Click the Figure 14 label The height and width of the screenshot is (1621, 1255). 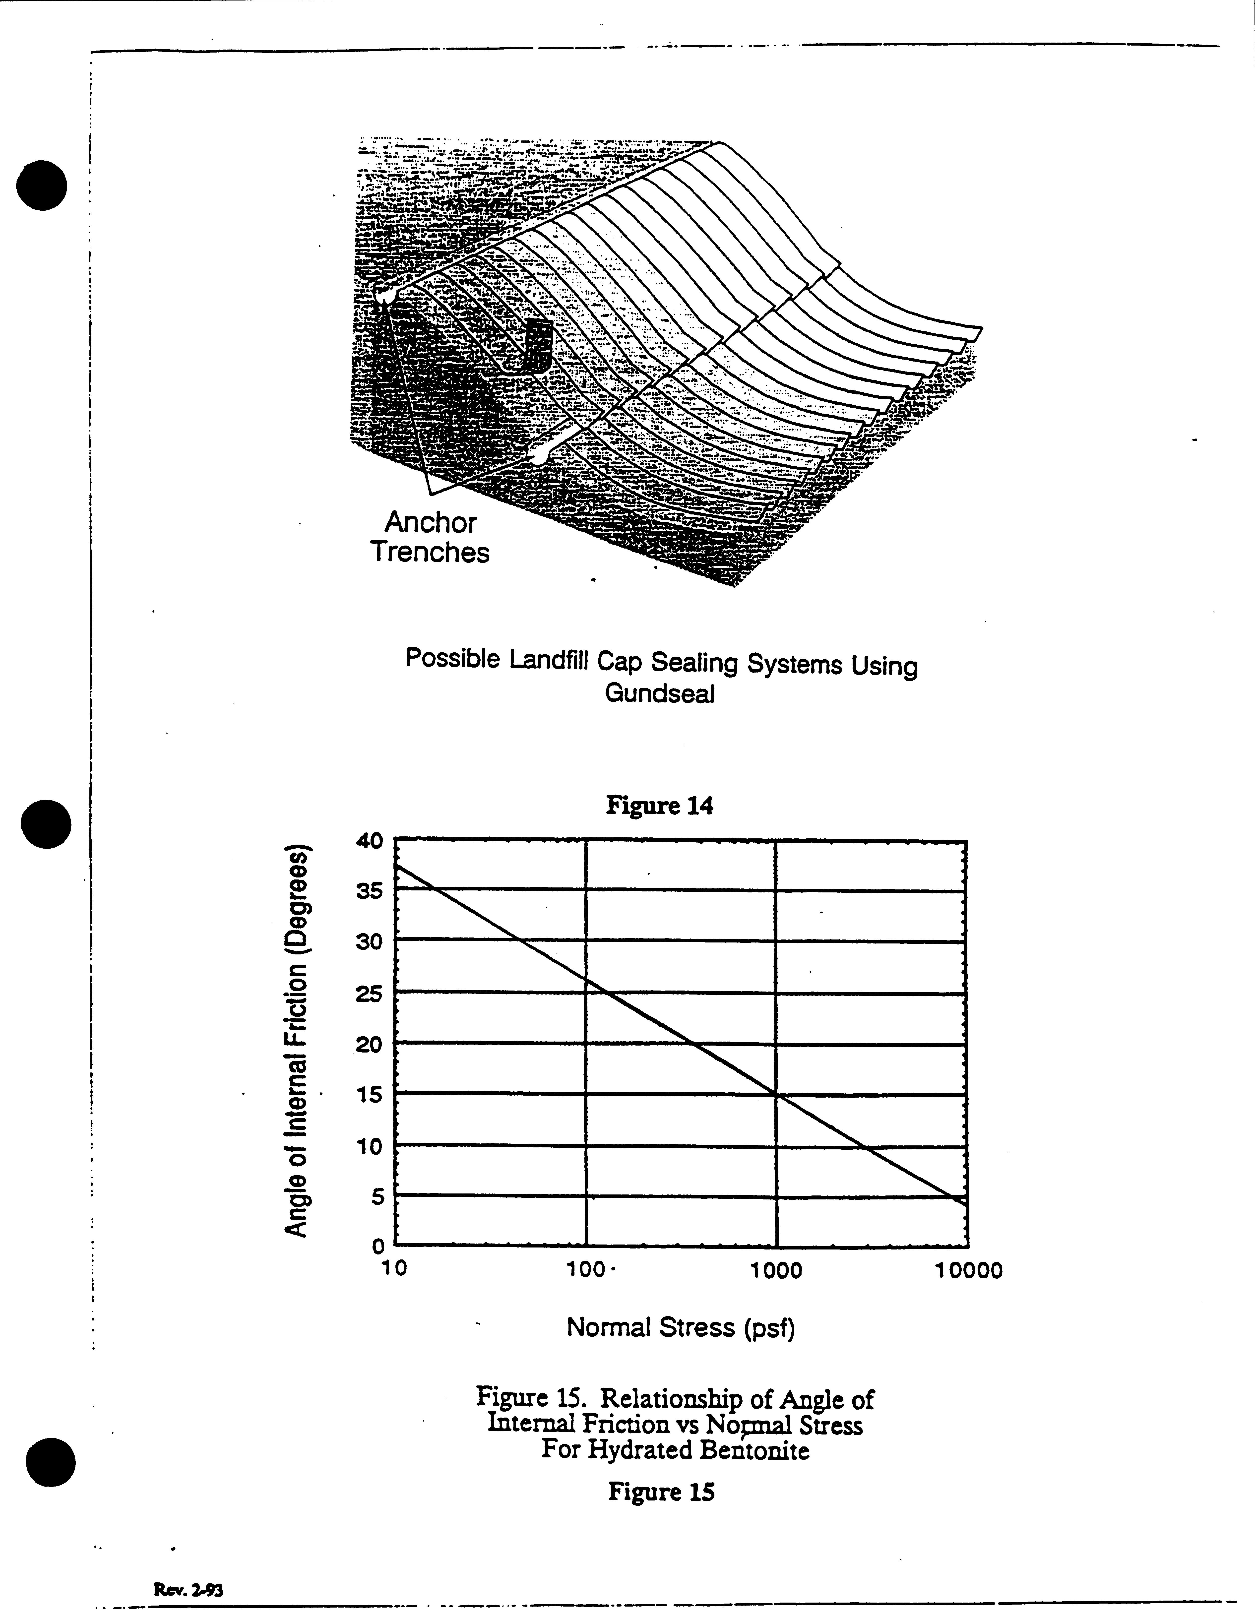click(x=659, y=805)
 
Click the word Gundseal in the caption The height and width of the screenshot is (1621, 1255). click(x=659, y=694)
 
